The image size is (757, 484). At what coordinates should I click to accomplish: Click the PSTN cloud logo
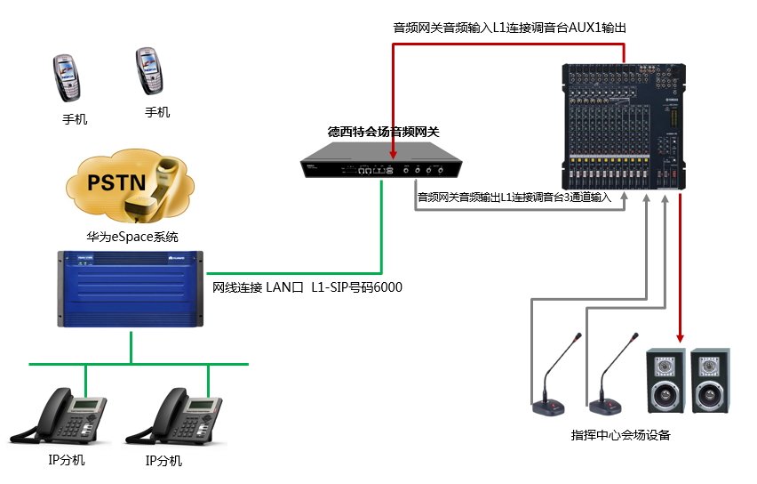pos(131,186)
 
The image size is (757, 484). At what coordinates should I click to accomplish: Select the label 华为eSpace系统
pos(132,238)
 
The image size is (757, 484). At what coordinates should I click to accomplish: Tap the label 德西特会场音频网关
pos(384,132)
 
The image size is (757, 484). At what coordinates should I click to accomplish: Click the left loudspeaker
pos(665,380)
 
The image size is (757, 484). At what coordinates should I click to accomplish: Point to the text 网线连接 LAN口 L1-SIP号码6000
pos(307,287)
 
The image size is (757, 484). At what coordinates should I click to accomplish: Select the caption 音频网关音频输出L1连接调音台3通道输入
pos(514,198)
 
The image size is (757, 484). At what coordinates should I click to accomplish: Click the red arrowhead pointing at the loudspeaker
pos(681,336)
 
